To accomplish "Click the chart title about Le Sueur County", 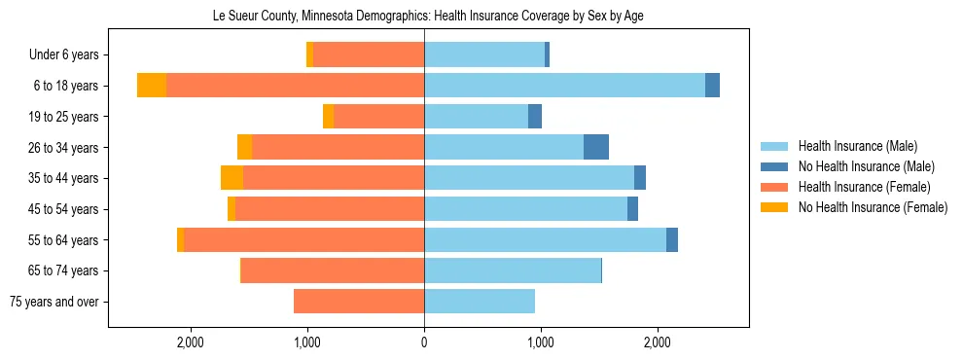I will point(428,16).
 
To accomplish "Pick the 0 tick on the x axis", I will point(424,342).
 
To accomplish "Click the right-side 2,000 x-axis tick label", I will point(658,342).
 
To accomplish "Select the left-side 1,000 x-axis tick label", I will point(307,342).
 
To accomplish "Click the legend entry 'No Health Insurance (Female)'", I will point(873,207).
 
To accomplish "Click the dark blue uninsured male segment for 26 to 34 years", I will point(596,147).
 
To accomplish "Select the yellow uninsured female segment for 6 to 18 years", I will point(152,86).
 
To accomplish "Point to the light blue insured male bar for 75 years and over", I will point(480,302).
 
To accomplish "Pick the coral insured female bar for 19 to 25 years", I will point(378,117).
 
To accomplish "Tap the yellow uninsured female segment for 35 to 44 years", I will point(232,178).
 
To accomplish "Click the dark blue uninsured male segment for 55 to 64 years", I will point(672,239).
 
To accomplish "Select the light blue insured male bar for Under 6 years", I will point(484,55).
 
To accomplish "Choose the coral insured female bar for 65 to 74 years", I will point(333,270).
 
